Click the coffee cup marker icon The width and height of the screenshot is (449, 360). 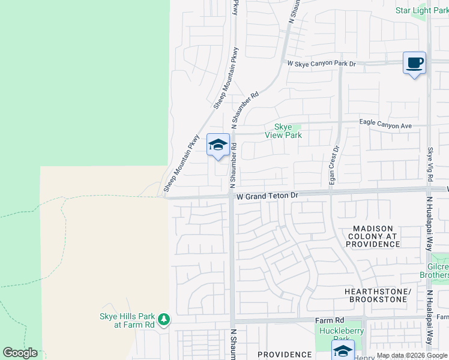pos(414,62)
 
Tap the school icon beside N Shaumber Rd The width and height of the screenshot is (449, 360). pos(218,145)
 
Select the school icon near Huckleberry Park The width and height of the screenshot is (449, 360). pos(343,350)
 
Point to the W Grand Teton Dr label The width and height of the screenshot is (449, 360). pos(267,196)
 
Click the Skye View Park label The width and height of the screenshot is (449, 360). pos(283,131)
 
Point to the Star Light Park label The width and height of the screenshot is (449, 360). pos(421,11)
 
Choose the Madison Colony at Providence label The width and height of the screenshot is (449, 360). pos(373,236)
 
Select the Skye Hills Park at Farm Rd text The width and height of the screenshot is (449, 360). pos(127,320)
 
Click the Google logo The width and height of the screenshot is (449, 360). pos(20,353)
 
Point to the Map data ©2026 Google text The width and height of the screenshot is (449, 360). pos(412,356)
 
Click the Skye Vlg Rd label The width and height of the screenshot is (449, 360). pos(430,161)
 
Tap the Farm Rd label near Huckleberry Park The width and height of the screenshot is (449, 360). pos(330,321)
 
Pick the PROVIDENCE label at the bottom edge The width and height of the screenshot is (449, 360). pos(285,355)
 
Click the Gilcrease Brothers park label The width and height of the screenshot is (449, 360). pos(436,270)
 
